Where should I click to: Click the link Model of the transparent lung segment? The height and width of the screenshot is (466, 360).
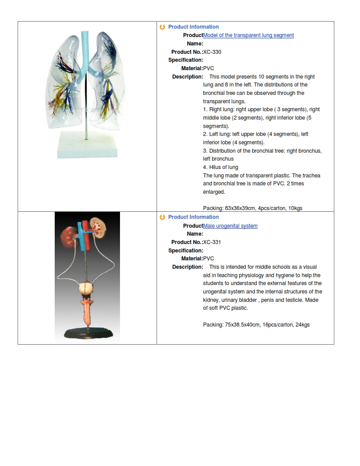coord(248,35)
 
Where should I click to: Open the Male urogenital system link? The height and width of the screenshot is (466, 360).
coord(230,226)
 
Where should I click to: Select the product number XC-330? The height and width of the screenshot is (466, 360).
coord(212,52)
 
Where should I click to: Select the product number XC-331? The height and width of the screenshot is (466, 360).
coord(212,242)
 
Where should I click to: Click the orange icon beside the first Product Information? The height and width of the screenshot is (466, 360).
coord(163,27)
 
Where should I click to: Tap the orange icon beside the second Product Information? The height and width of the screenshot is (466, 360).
coord(163,217)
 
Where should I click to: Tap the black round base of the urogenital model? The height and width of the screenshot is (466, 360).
coord(87,334)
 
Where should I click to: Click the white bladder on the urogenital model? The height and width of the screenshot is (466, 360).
coord(87,289)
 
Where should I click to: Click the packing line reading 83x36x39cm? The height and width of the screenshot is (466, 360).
coord(252,208)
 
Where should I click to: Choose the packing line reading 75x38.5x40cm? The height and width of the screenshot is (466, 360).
coord(256,325)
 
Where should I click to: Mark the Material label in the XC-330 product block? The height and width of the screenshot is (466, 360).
coord(192,68)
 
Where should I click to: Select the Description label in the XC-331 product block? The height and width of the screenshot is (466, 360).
coord(187,267)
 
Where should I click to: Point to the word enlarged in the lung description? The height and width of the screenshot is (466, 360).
coord(214,192)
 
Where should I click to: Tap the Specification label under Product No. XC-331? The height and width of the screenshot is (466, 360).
coord(186,251)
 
